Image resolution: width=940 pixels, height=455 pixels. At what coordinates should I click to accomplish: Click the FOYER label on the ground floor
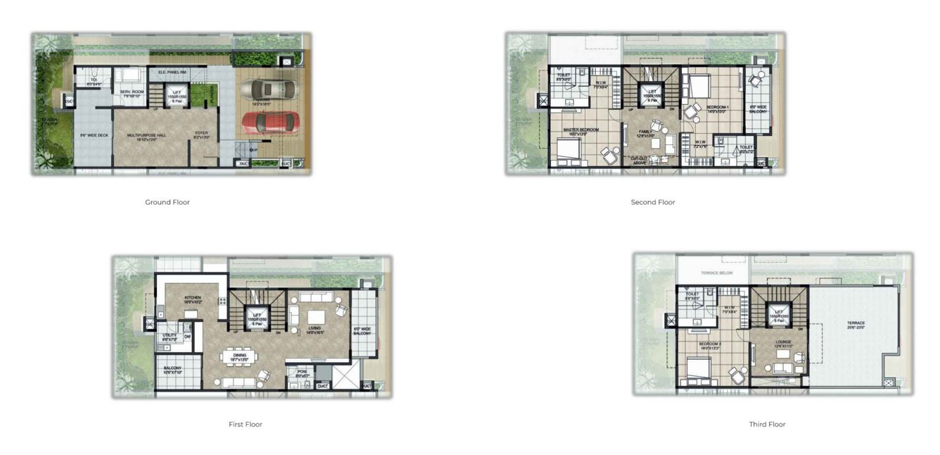202,134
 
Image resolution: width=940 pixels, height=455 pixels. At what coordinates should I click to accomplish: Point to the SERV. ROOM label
132,92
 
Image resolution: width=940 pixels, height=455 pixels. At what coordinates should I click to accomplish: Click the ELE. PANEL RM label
172,72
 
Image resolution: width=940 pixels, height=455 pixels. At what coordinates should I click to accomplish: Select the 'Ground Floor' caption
167,202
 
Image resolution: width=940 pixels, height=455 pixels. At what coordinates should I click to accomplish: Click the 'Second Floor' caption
653,202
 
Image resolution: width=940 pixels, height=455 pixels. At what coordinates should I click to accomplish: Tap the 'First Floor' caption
246,424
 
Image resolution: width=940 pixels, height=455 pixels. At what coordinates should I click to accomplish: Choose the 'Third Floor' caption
767,424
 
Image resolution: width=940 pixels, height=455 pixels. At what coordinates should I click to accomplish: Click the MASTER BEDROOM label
581,129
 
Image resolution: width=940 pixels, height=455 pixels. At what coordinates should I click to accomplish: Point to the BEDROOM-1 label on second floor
718,107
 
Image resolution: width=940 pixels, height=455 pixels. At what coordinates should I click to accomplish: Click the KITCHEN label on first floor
193,297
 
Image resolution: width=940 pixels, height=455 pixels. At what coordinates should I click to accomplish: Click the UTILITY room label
170,335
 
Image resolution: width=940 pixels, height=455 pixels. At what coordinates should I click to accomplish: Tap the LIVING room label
315,328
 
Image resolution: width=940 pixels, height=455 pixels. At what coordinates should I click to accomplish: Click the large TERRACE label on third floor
856,323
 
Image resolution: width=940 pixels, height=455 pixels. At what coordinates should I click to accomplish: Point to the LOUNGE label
784,342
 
